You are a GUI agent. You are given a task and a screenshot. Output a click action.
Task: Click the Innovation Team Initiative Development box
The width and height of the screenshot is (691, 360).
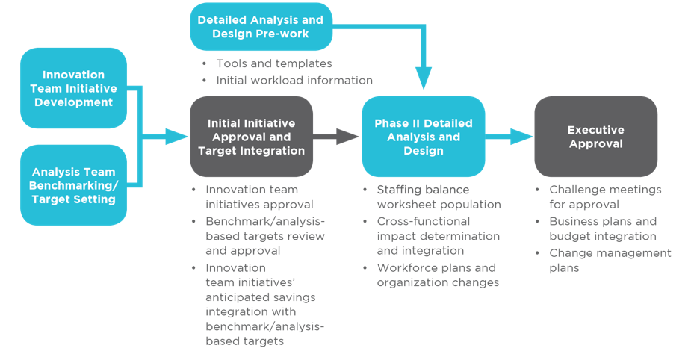[x=73, y=88]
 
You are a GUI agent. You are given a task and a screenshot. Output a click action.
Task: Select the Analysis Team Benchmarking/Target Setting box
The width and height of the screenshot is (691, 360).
[x=73, y=185]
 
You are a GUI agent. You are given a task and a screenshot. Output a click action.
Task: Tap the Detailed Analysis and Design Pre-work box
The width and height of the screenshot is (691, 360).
[x=260, y=27]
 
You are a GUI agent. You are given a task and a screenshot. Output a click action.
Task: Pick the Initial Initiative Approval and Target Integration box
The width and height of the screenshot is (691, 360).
[x=251, y=137]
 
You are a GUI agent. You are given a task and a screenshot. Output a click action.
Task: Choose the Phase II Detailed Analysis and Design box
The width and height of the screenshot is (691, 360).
[x=423, y=137]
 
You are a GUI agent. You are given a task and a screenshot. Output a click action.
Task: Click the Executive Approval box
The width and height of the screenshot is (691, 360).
[x=595, y=137]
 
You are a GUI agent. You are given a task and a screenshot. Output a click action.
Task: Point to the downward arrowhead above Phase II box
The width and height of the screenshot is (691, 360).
[x=424, y=78]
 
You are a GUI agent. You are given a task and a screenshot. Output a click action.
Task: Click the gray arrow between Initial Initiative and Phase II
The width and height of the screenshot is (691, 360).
[x=336, y=137]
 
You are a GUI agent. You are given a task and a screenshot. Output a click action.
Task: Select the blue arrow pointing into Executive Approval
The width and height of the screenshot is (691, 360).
[x=509, y=137]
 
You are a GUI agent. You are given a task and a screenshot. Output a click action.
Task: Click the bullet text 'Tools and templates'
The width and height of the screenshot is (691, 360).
[x=273, y=63]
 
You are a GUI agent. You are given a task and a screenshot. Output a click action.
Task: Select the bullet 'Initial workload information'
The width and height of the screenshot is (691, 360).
[x=294, y=80]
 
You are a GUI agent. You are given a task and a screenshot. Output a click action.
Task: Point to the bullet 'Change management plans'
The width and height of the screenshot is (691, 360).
[x=610, y=260]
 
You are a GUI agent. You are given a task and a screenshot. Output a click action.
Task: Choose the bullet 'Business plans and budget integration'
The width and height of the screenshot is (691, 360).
[x=602, y=229]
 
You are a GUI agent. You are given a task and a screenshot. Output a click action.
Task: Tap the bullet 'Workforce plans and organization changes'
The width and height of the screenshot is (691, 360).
[x=437, y=275]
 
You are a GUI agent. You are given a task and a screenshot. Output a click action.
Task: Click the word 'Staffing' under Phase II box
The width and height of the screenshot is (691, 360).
[x=399, y=190]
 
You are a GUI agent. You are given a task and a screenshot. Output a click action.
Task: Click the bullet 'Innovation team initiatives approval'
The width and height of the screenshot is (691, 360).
[x=258, y=196]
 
